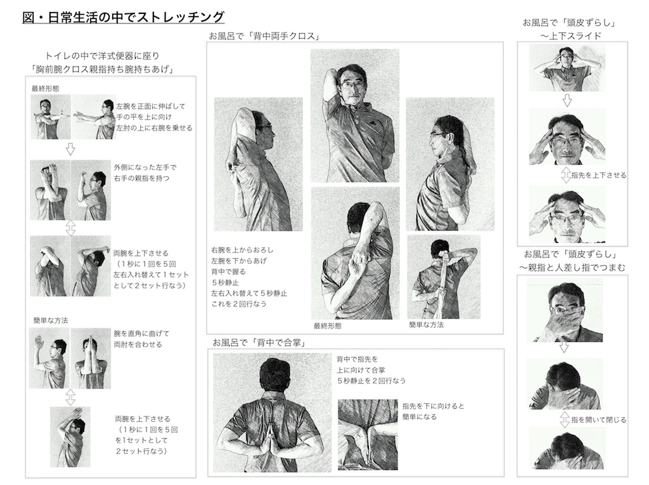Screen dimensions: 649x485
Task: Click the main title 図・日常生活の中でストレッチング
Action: (x=123, y=17)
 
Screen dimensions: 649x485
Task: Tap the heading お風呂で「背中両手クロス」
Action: (x=265, y=36)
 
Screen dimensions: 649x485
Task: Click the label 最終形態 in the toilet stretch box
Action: (x=45, y=88)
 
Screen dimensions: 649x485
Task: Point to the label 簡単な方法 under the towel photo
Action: (x=427, y=325)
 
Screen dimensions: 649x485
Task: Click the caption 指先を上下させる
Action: (x=599, y=175)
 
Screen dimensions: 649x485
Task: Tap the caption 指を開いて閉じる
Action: (x=599, y=420)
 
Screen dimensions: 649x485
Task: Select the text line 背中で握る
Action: (x=228, y=272)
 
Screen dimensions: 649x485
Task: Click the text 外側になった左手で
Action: (x=145, y=167)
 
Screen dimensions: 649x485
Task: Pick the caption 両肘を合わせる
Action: (x=138, y=344)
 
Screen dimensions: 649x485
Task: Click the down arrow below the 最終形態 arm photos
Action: (x=70, y=149)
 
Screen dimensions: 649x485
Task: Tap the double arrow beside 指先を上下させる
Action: (x=566, y=175)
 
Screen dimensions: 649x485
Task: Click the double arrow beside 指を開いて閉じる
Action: (x=565, y=419)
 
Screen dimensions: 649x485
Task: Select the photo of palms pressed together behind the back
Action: (x=273, y=413)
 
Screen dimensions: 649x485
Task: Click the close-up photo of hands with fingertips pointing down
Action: (x=368, y=434)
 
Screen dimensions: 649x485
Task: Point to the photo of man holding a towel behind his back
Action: (x=444, y=276)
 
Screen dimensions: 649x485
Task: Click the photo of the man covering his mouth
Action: (x=565, y=309)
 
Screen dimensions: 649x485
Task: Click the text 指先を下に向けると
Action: (x=434, y=406)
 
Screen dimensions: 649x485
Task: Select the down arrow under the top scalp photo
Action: (x=567, y=100)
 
